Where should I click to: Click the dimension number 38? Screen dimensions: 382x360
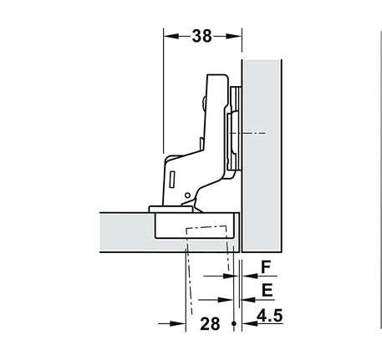click(202, 36)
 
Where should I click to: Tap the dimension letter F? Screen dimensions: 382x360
click(266, 267)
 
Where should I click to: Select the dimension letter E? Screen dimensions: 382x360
click(267, 291)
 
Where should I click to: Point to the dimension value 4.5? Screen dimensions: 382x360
click(269, 316)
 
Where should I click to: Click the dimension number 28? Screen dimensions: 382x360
click(210, 324)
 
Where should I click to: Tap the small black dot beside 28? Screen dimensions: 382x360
click(234, 323)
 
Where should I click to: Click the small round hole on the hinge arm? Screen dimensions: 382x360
click(187, 195)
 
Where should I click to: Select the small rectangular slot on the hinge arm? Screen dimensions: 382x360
click(172, 179)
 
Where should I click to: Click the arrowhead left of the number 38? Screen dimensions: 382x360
click(171, 36)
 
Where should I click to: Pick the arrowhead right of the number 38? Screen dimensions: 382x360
click(233, 36)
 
